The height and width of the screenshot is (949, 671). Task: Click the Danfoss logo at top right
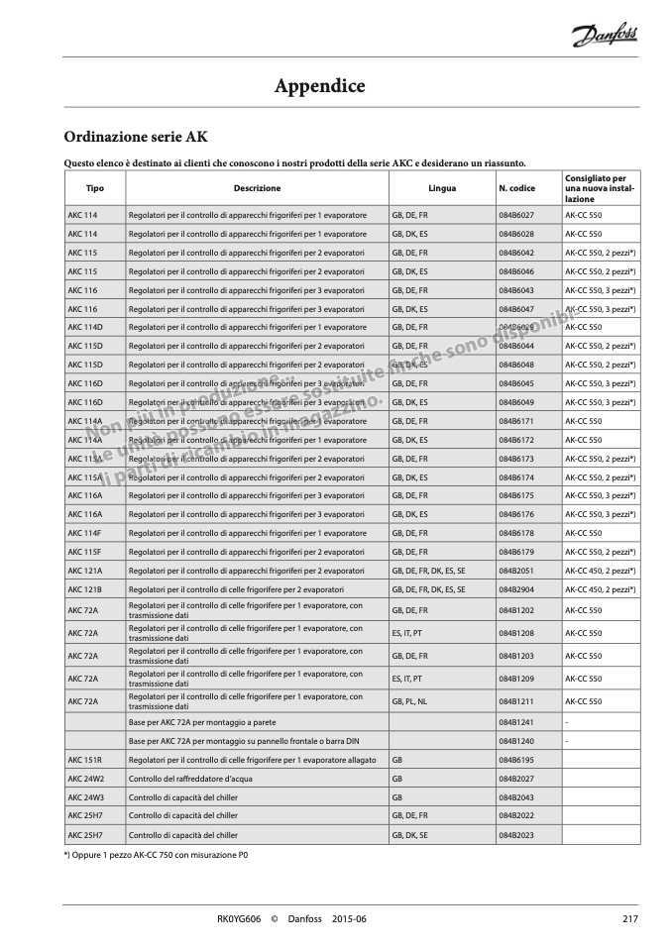tap(605, 37)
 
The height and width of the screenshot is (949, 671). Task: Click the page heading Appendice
tap(319, 86)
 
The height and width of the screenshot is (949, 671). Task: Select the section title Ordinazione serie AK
tap(136, 136)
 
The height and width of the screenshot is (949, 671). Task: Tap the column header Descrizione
tap(257, 187)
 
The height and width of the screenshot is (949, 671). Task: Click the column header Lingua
tap(442, 187)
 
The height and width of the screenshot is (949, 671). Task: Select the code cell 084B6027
tap(516, 215)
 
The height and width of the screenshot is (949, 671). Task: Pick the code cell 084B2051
tap(516, 572)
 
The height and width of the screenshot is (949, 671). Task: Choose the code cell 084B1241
tap(516, 722)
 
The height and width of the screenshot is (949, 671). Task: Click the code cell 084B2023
tap(516, 835)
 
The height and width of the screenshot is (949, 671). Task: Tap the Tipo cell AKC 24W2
tap(85, 779)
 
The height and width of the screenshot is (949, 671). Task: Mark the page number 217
tap(629, 919)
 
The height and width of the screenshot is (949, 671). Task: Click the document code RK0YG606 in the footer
tap(238, 919)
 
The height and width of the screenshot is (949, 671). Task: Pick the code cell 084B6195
tap(516, 760)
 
